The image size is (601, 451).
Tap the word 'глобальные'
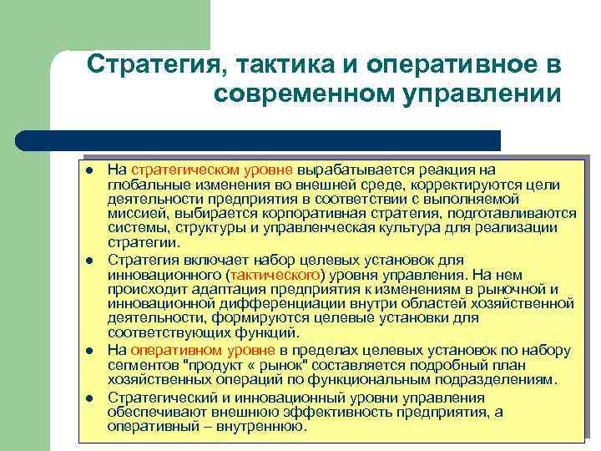(144, 185)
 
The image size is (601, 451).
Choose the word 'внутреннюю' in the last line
(264, 426)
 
